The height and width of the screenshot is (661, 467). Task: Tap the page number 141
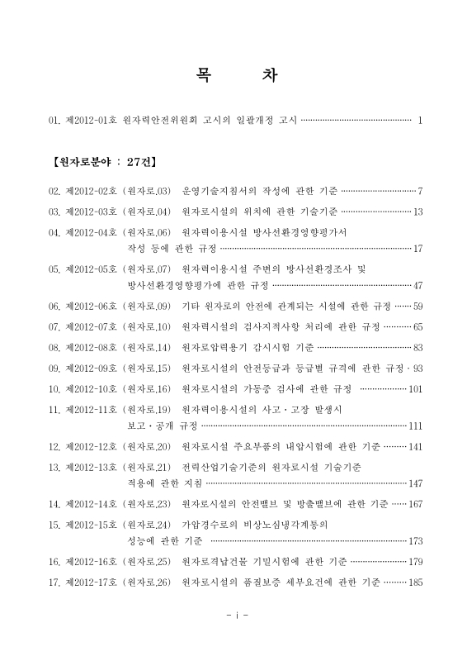pos(415,447)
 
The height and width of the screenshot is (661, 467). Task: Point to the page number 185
pos(415,583)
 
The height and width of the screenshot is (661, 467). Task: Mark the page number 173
pos(415,541)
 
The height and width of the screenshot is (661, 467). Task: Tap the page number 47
pos(417,286)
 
